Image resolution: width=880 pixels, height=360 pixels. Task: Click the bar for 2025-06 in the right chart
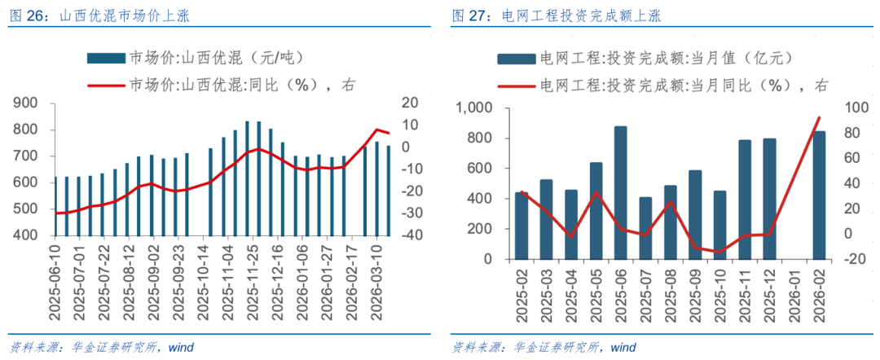click(x=620, y=193)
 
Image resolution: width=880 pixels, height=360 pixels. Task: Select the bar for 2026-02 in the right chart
click(x=819, y=195)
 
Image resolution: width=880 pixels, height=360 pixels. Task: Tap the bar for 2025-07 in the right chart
click(x=645, y=228)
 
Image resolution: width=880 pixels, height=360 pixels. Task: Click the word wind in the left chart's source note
click(x=181, y=347)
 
